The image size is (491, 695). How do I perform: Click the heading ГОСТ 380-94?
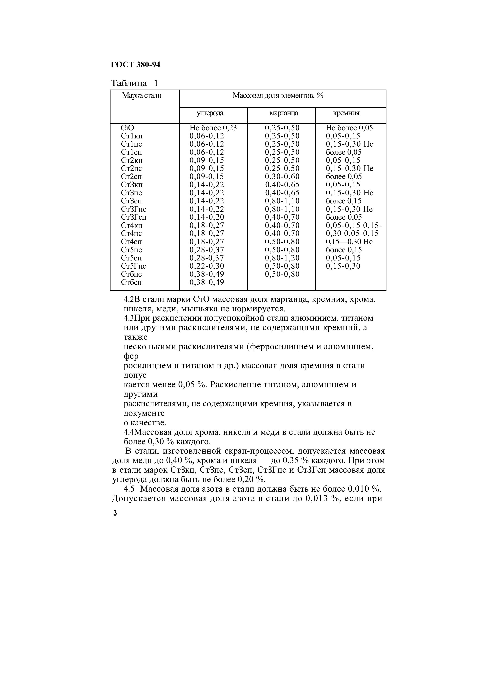pos(136,65)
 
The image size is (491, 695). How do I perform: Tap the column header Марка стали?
pos(142,96)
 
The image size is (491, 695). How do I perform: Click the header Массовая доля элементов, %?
pos(278,96)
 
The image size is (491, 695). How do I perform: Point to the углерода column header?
pos(210,113)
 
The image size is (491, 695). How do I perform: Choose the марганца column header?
pos(284,113)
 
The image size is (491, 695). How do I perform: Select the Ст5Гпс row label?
pos(133,266)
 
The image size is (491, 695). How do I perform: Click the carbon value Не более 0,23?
pos(213,128)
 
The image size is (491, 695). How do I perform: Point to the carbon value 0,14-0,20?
pos(207,217)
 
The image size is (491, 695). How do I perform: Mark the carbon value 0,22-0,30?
pos(207,266)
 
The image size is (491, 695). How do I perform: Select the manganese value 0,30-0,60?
pos(282,176)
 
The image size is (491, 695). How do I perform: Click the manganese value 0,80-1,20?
pos(282,258)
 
